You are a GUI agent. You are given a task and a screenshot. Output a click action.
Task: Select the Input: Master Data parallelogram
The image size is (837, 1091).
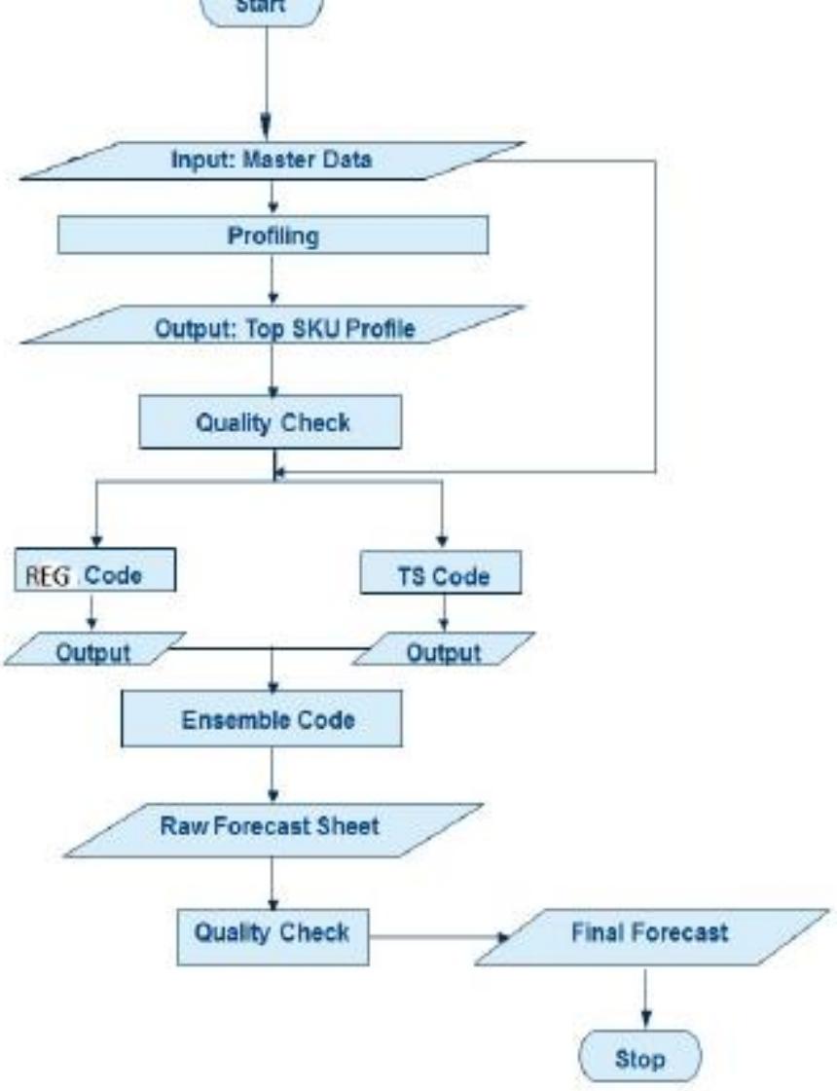[272, 161]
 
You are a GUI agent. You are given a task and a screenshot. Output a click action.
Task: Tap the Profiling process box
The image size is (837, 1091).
[273, 236]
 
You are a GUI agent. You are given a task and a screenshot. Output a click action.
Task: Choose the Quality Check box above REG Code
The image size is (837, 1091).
[270, 421]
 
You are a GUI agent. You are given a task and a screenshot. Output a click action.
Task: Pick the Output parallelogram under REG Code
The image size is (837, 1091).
[93, 649]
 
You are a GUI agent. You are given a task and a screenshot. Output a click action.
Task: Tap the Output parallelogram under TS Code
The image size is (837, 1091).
[443, 649]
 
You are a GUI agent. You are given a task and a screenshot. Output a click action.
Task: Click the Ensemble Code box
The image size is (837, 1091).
[261, 719]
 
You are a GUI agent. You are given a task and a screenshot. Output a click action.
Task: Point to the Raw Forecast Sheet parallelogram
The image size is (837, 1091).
[272, 828]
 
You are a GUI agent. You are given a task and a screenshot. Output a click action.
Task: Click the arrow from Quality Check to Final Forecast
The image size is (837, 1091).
[438, 938]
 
